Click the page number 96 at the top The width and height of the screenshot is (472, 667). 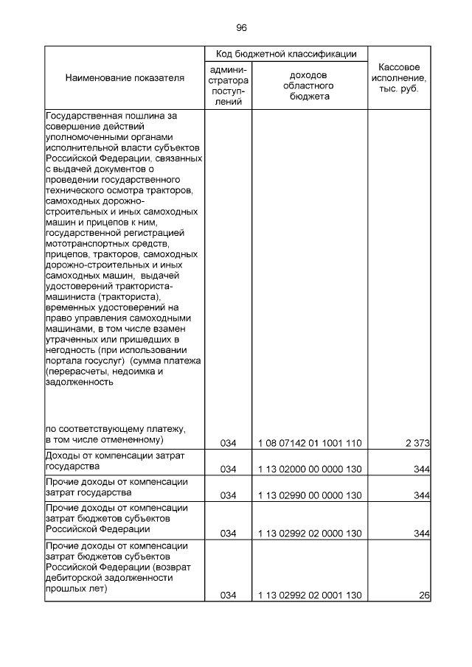click(241, 27)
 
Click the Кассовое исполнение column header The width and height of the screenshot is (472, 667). click(398, 77)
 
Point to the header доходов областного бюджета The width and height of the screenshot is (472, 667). click(310, 85)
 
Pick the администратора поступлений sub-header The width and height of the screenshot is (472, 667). click(229, 85)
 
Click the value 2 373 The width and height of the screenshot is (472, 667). click(417, 442)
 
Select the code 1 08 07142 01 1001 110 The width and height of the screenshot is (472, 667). click(310, 442)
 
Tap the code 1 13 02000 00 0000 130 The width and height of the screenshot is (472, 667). click(310, 469)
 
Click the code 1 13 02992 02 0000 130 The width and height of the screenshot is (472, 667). click(310, 533)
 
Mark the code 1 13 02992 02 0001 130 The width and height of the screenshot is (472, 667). click(310, 595)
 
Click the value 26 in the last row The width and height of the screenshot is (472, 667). click(424, 595)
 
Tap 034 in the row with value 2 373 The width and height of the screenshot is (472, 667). click(229, 442)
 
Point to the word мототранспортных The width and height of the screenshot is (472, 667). click(81, 243)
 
